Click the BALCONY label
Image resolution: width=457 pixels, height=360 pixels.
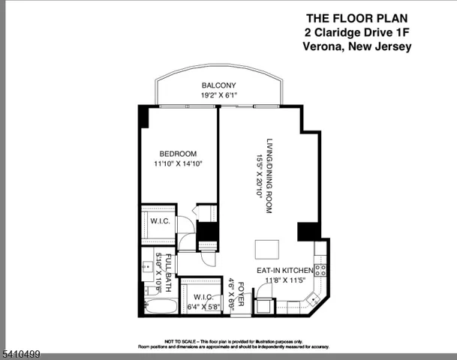point(219,85)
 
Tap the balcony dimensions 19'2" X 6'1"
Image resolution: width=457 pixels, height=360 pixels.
point(219,95)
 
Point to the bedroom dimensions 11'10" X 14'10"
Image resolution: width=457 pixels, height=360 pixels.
point(178,163)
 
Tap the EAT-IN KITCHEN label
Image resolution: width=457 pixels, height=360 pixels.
point(286,270)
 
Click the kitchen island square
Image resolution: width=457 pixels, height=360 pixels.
point(266,249)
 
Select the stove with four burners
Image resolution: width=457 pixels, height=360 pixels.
point(320,268)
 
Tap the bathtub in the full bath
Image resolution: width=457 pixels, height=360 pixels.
point(159,307)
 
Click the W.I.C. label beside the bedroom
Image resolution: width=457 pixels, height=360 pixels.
point(158,220)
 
